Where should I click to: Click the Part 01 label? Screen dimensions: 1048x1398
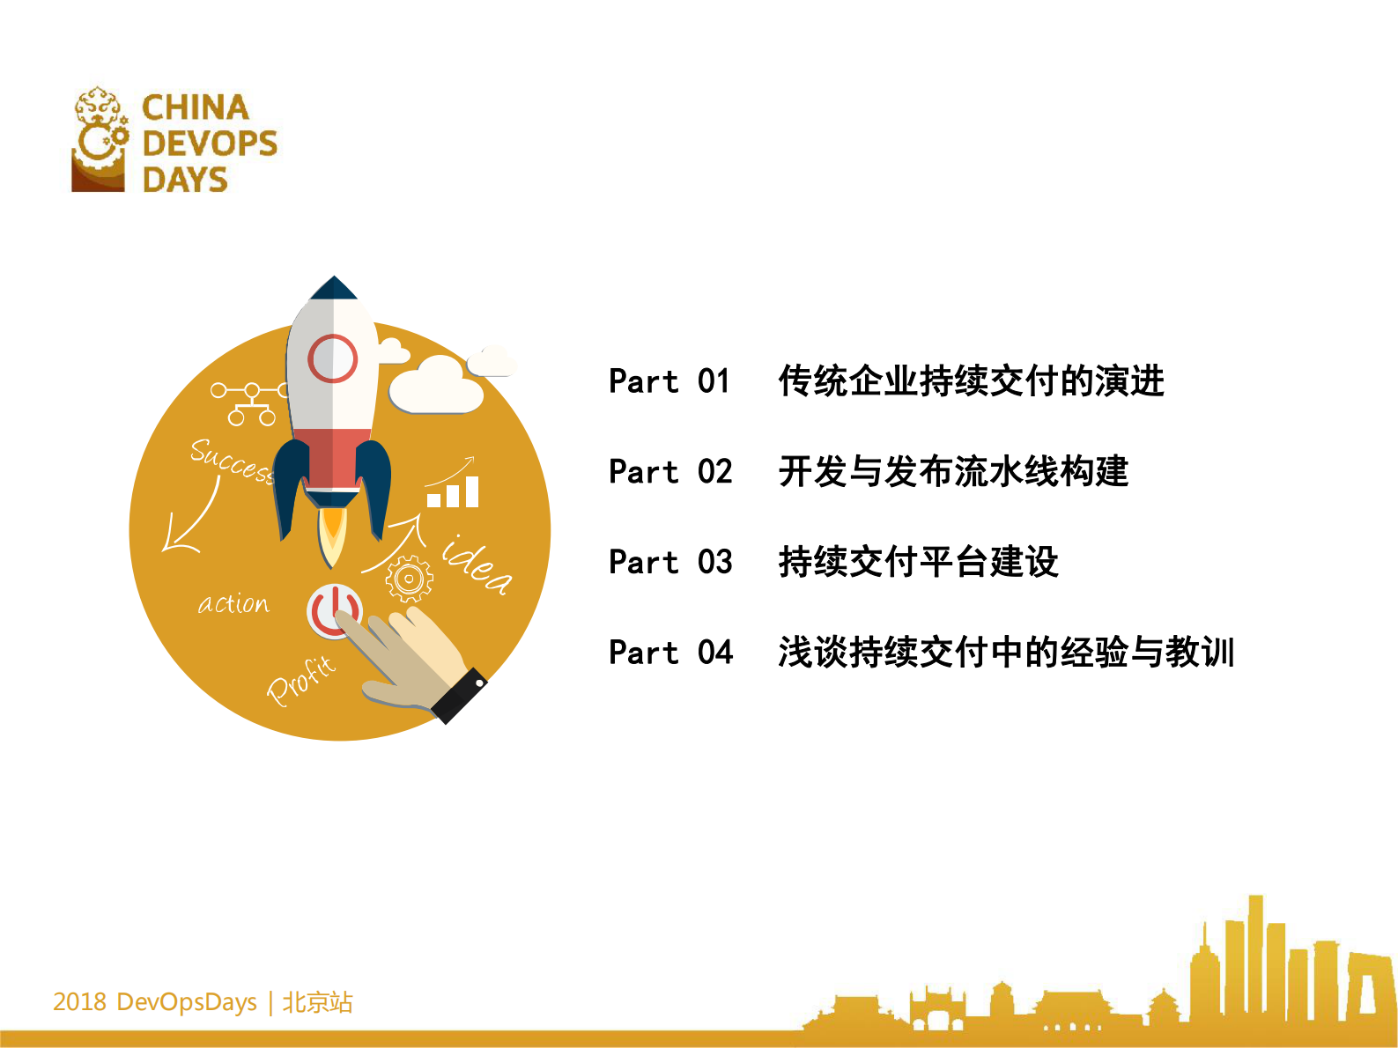click(669, 381)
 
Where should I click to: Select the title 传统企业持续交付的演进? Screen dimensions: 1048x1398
click(971, 381)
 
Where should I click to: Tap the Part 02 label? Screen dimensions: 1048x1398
click(669, 472)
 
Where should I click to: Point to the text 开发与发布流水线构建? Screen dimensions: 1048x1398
click(953, 472)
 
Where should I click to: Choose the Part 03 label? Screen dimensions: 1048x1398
click(669, 562)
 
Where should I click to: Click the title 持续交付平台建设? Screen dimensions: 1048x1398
click(918, 562)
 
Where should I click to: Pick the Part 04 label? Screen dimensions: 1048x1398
click(669, 653)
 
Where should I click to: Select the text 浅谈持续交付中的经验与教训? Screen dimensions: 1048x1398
click(1006, 653)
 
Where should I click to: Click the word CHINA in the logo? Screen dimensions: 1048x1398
click(196, 107)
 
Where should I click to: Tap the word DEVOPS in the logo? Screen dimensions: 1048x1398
click(210, 143)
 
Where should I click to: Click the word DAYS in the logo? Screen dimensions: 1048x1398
click(185, 180)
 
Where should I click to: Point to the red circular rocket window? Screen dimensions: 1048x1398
click(332, 358)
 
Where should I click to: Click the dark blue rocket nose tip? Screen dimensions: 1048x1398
click(334, 288)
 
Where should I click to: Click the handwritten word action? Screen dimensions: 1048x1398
click(233, 603)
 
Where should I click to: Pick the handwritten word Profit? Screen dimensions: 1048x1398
click(302, 680)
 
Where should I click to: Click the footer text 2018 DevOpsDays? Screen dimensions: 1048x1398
click(155, 1002)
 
